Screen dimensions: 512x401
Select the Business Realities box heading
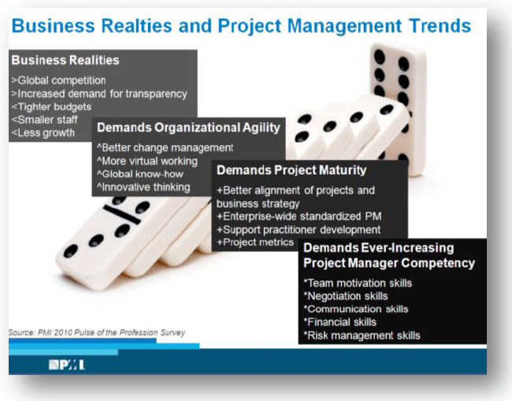coord(65,60)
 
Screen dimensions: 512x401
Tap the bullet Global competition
coord(59,80)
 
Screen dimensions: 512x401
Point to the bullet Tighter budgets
coord(51,107)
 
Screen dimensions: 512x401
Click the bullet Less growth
coord(43,133)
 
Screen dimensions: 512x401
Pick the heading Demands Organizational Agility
coord(188,128)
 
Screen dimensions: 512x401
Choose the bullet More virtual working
coord(147,161)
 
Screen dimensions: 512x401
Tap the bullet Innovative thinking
coord(143,188)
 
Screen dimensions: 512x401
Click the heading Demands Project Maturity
coord(291,170)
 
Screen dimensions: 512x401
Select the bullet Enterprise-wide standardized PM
coord(299,216)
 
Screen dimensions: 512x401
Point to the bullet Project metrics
coord(255,243)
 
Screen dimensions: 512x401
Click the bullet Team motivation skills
coord(358,283)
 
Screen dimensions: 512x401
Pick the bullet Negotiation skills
coord(346,296)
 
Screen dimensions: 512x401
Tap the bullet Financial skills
coord(340,322)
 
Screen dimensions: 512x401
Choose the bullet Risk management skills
coord(362,336)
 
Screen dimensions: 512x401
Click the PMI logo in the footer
coord(67,365)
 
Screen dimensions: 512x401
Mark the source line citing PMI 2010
coord(97,332)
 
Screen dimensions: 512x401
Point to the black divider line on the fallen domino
coord(122,214)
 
